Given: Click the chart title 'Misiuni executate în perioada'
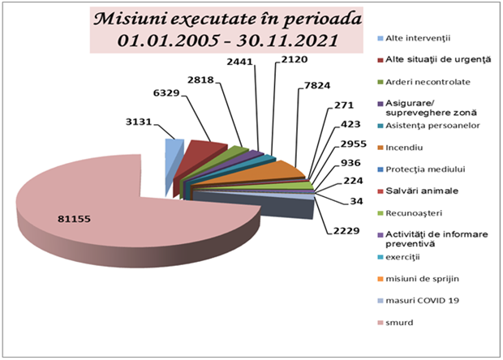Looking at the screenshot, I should pyautogui.click(x=213, y=19).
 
